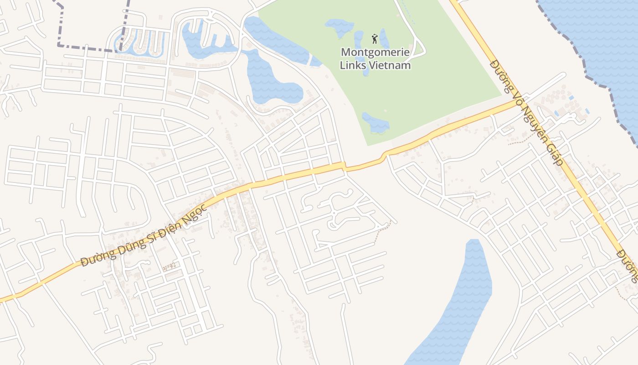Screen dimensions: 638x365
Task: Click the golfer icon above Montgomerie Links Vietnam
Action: (375, 38)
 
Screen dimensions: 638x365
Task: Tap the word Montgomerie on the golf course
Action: (375, 52)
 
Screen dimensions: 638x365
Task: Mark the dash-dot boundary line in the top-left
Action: (87, 47)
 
